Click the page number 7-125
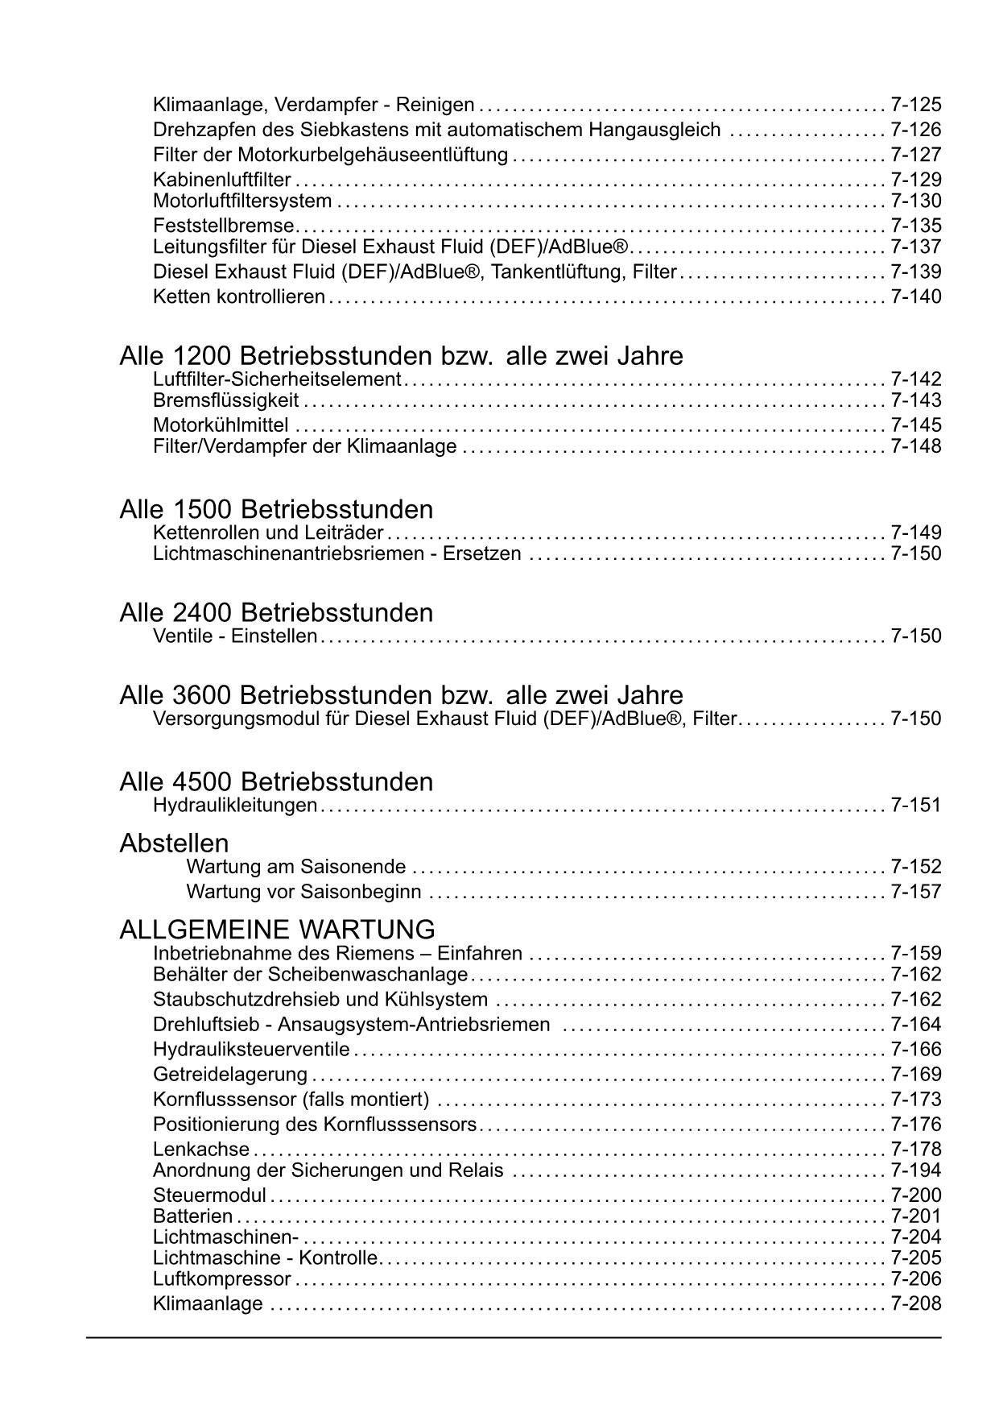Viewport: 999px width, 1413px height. [915, 105]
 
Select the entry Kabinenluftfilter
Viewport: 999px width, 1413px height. [221, 180]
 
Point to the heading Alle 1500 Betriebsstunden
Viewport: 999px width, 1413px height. [276, 509]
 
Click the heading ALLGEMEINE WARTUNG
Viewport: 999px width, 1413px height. [277, 929]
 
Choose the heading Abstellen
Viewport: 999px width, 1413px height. [174, 843]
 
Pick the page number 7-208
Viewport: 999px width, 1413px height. [915, 1303]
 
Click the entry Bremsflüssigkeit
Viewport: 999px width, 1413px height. [225, 400]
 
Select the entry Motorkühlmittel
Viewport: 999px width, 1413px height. [221, 425]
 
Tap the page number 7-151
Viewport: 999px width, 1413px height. [915, 805]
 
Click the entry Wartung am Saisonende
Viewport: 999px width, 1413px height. [296, 867]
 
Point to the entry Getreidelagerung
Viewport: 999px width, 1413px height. [230, 1074]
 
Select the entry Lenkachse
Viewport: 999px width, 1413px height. [201, 1150]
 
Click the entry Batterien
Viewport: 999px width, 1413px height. [192, 1216]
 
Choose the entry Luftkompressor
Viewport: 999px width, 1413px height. [221, 1278]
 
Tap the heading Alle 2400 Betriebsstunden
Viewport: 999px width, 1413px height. [276, 612]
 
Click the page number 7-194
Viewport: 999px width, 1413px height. [915, 1171]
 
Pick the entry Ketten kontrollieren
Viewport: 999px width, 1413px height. [238, 296]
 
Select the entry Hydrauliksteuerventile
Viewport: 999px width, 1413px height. [251, 1049]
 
